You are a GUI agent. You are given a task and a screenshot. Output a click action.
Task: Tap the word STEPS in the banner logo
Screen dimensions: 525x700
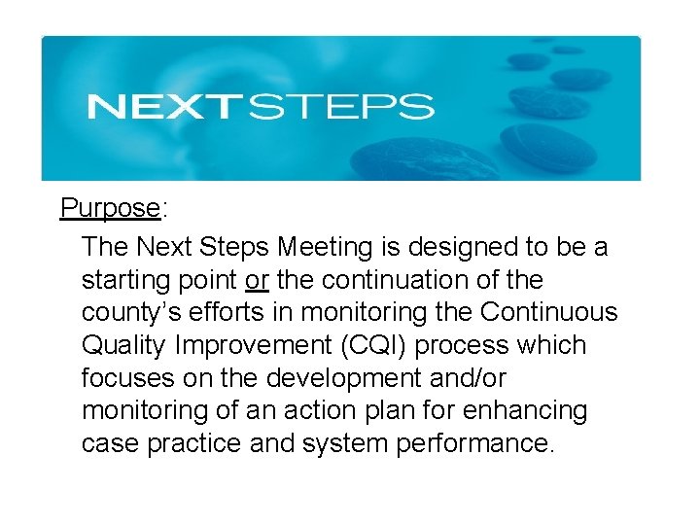point(340,106)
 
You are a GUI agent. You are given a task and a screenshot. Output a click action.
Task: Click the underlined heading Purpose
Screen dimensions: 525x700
point(110,208)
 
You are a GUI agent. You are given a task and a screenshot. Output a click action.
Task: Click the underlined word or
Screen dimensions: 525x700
point(258,280)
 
